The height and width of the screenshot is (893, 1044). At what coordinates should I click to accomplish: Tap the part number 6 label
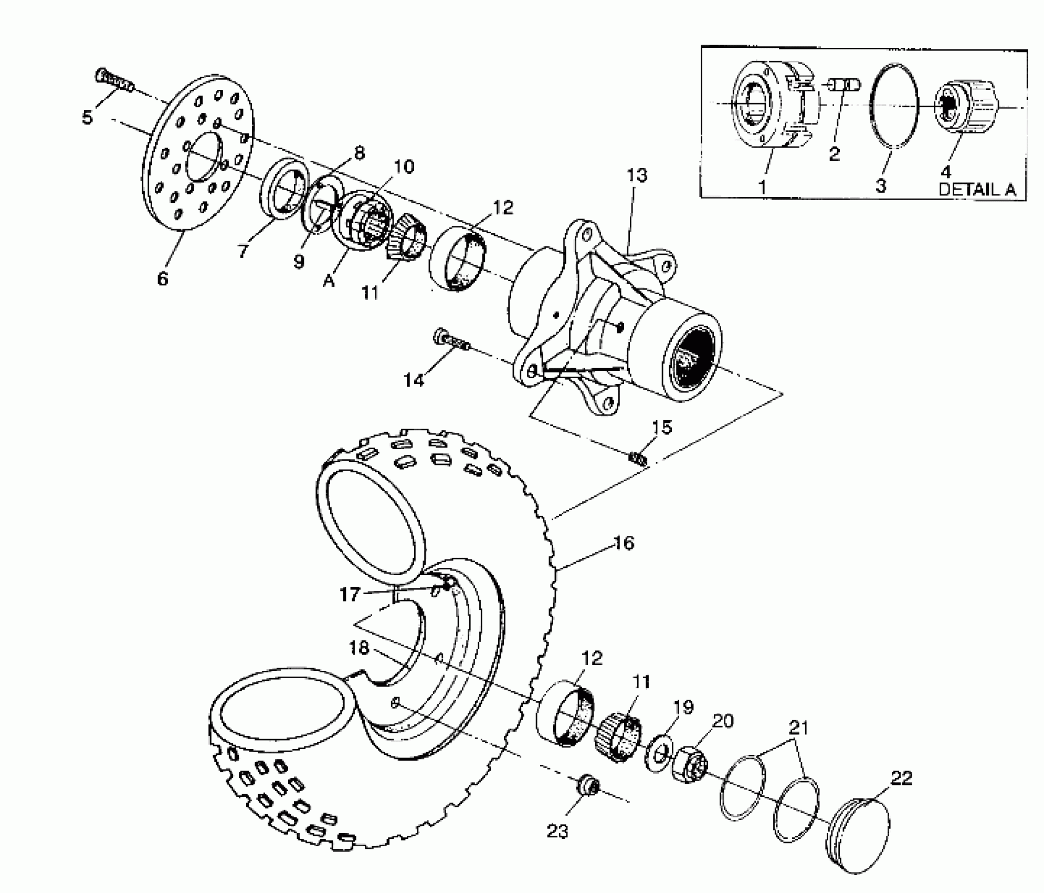coord(162,278)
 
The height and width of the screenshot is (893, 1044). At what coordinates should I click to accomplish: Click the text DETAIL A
coord(977,190)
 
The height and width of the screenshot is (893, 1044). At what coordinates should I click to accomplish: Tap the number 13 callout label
coord(637,176)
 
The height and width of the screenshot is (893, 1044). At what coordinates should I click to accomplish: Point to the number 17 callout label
coord(350,595)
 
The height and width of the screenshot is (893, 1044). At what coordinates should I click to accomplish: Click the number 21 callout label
coord(798,728)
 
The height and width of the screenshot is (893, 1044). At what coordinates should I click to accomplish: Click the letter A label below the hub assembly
coord(329,281)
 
